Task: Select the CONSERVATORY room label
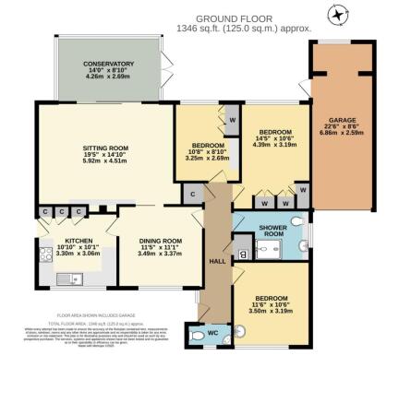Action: tap(111, 64)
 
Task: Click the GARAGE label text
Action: tap(335, 120)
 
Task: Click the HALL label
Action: tap(217, 261)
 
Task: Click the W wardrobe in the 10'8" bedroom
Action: tap(231, 120)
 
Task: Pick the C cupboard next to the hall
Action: tap(192, 195)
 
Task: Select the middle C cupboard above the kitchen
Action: tap(61, 212)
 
